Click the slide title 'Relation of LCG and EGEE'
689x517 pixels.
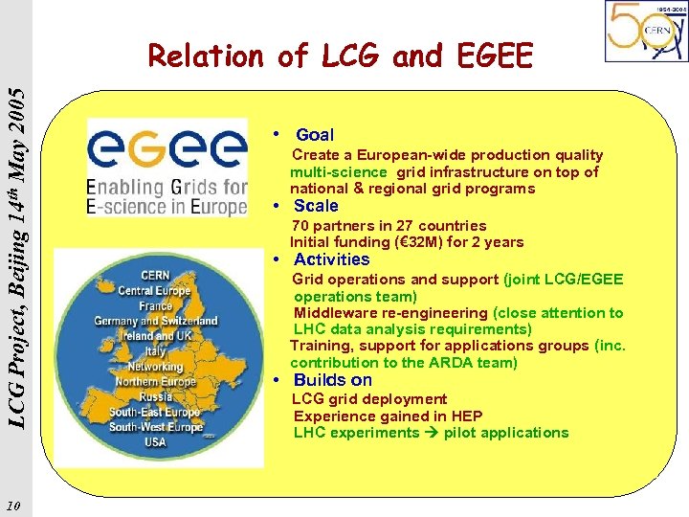(x=340, y=57)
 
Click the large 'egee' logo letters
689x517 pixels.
(x=167, y=151)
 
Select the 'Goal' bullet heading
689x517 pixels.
(x=315, y=135)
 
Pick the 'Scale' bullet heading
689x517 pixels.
(x=316, y=206)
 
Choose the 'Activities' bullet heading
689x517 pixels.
(x=331, y=259)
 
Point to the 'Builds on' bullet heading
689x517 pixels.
(x=332, y=380)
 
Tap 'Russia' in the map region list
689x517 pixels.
(x=154, y=396)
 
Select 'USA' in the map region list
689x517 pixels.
(x=154, y=442)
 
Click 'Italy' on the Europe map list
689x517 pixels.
(x=155, y=351)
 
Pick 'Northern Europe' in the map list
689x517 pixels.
(x=155, y=381)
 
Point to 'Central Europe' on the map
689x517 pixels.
(x=156, y=290)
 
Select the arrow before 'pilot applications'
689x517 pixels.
(x=432, y=433)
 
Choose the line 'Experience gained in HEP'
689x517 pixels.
(x=388, y=416)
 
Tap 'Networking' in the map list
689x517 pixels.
(x=155, y=367)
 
